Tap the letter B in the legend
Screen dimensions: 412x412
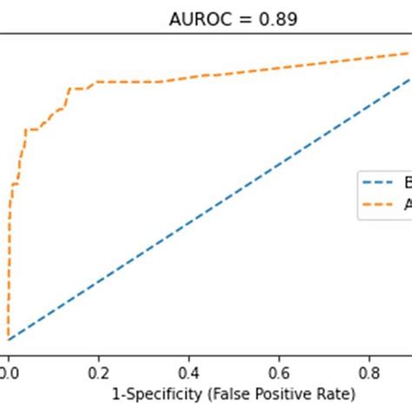coord(406,183)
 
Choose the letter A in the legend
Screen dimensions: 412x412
coord(407,205)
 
